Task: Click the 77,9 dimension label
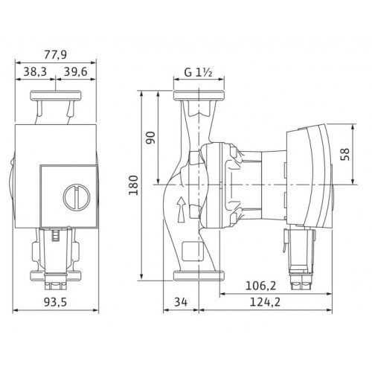(x=56, y=54)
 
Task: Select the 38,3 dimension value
(x=35, y=71)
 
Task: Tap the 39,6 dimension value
(x=76, y=71)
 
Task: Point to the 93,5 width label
(x=55, y=302)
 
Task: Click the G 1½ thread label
(x=198, y=72)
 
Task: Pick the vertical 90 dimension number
(x=150, y=138)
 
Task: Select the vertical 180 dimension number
(x=134, y=185)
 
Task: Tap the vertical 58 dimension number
(x=344, y=154)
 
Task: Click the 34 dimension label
(x=181, y=302)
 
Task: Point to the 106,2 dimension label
(x=260, y=286)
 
